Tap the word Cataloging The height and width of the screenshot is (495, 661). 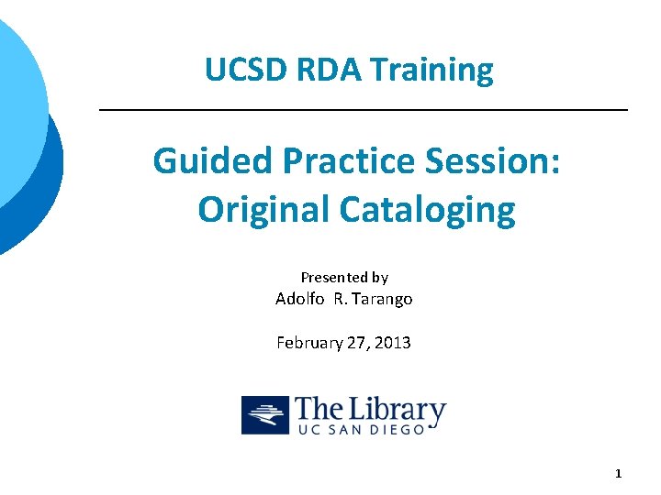coord(427,210)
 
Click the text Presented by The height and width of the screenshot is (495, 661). coord(344,277)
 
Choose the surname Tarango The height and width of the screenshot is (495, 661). coord(381,299)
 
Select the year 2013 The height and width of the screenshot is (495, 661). coord(393,343)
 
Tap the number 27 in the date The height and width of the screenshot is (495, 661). coord(357,343)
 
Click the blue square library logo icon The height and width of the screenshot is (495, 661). coord(265,415)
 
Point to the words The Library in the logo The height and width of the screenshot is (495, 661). coord(371,410)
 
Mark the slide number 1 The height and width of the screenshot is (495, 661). coord(618,474)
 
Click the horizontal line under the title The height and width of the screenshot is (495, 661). coord(363,110)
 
